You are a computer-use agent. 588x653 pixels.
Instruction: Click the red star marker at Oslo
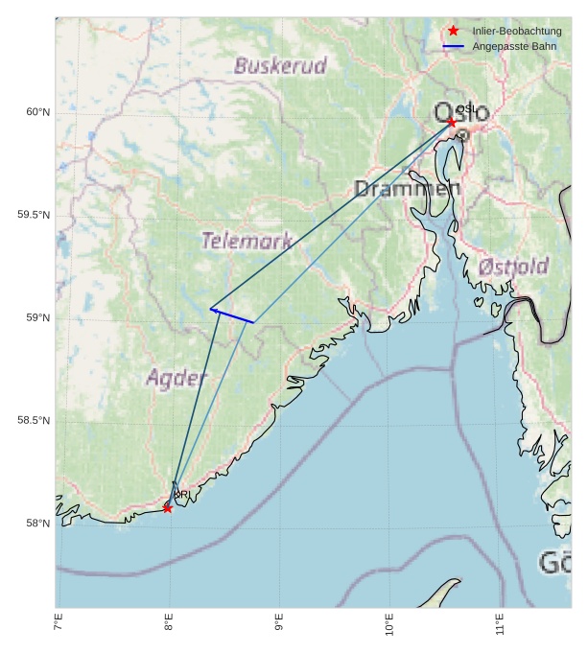tap(452, 122)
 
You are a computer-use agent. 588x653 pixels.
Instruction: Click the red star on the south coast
tap(168, 508)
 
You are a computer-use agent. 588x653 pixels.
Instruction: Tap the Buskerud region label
tap(280, 66)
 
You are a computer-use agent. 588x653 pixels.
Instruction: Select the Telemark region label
tap(247, 241)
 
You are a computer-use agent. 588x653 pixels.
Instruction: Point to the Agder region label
tap(176, 378)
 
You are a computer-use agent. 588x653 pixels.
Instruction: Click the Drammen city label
tap(407, 189)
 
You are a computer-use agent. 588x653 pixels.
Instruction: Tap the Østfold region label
tap(513, 266)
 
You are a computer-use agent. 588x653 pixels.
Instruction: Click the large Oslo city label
tap(461, 113)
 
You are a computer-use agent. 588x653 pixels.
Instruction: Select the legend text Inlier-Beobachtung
tap(516, 32)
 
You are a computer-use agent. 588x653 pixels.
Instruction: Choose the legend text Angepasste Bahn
tap(507, 46)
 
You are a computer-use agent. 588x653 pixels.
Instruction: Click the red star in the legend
tap(454, 32)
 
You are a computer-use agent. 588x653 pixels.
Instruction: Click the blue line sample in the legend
tap(454, 46)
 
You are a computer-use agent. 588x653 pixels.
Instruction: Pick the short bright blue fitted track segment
tap(232, 315)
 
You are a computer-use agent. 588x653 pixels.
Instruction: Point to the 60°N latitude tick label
tap(37, 113)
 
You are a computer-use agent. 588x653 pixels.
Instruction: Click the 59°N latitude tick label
tap(37, 318)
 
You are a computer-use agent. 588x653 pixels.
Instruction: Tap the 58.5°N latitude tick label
tap(34, 421)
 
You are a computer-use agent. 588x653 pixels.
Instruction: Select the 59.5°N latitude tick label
tap(34, 215)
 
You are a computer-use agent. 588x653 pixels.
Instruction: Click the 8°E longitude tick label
tap(169, 626)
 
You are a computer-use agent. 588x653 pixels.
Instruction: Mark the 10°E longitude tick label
tap(389, 626)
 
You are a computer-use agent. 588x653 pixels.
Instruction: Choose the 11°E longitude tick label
tap(500, 626)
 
